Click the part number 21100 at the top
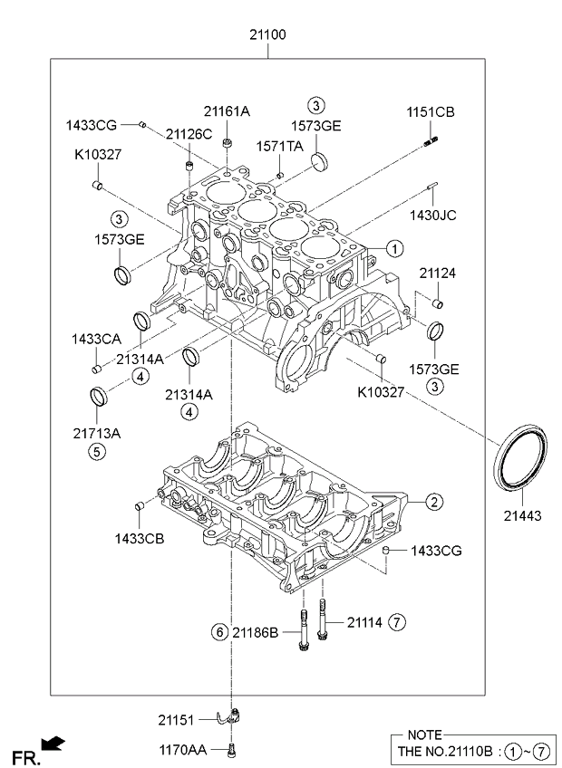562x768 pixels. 268,35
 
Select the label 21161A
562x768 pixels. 227,111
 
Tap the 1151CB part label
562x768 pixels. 431,112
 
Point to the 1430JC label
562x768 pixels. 432,215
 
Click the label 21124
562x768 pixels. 437,273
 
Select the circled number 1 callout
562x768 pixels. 394,247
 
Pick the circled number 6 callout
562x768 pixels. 218,631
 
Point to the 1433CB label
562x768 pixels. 139,538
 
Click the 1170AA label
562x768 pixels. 182,750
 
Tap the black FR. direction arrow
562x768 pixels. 54,744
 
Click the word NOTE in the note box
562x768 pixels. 424,734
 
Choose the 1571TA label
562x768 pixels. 279,146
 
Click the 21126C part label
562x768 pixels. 189,134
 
